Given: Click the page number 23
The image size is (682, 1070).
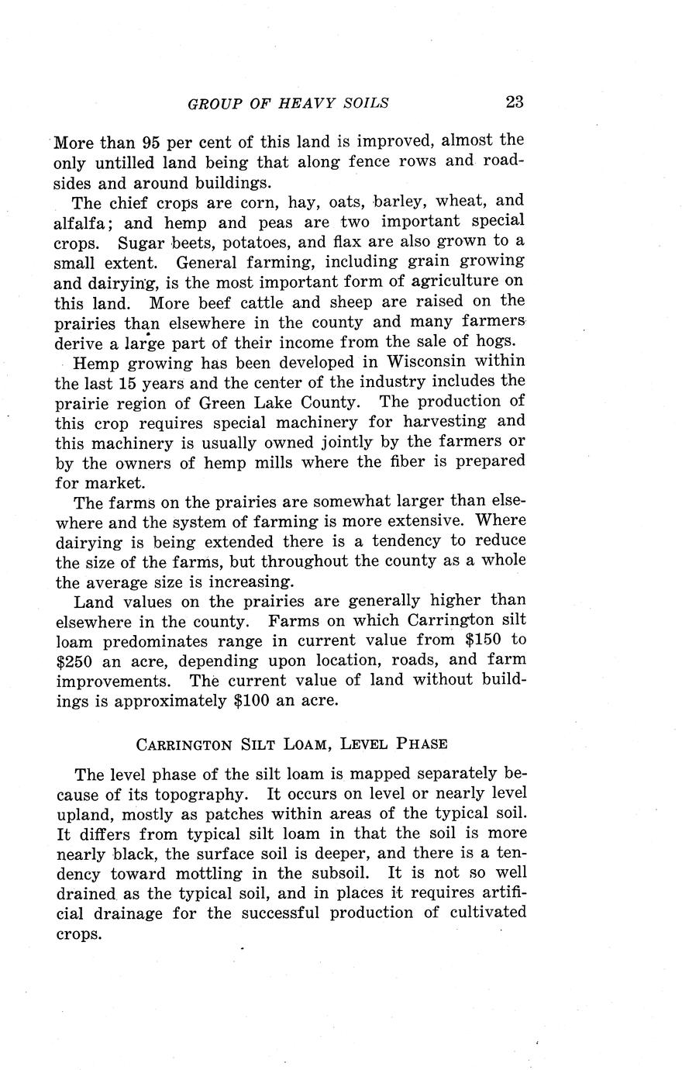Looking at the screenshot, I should (515, 102).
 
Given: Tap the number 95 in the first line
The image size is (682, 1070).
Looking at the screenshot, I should (151, 143).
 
